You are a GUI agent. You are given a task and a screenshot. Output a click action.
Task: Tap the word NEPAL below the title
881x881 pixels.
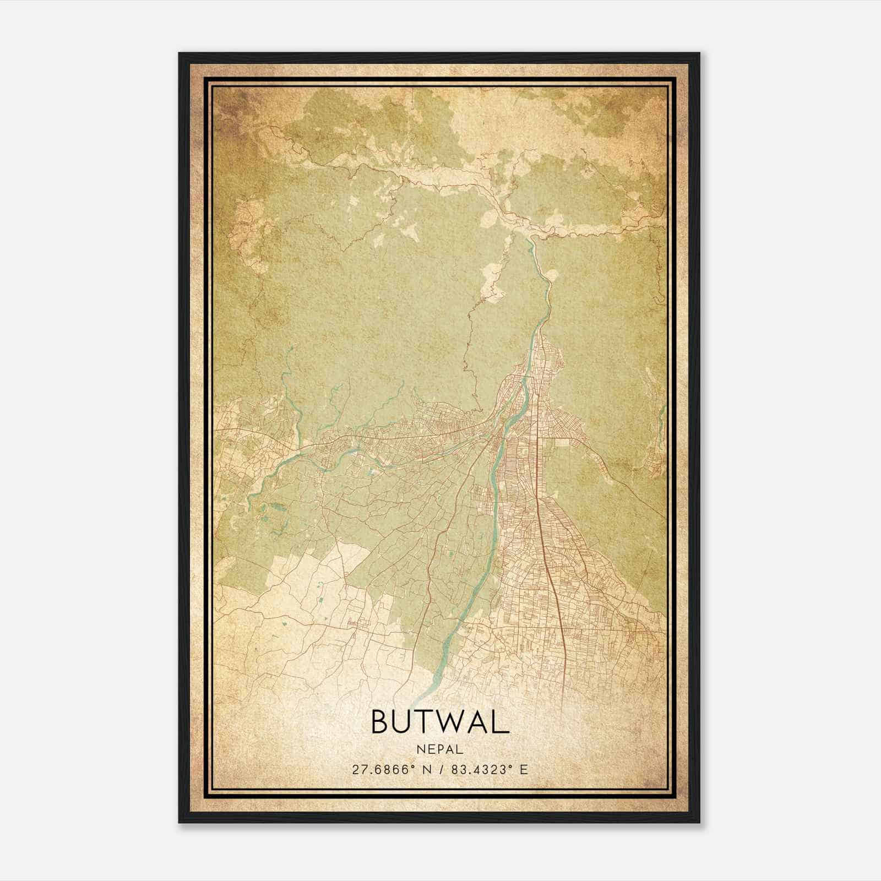(440, 749)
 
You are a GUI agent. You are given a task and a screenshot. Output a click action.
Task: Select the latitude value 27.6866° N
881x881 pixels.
(389, 769)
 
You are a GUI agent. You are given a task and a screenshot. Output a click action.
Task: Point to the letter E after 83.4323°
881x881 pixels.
(524, 769)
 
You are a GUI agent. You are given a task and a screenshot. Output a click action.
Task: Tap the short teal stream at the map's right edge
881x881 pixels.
(661, 418)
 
